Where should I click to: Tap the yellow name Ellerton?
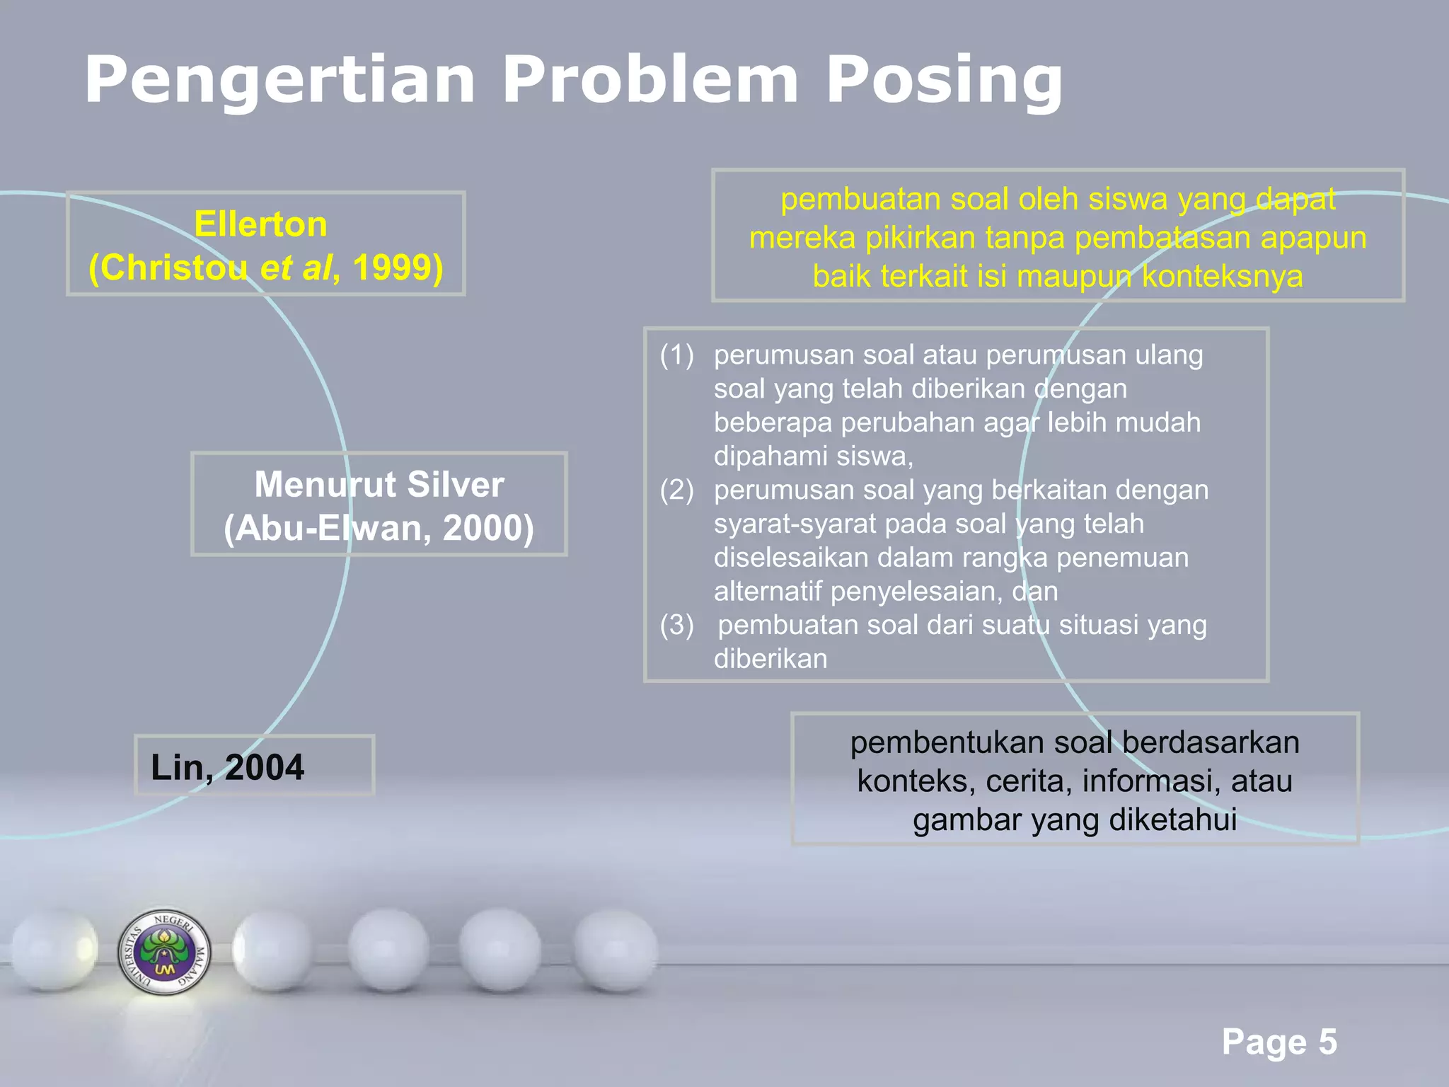point(260,224)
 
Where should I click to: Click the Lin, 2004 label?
point(227,767)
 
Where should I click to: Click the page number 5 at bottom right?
point(1327,1042)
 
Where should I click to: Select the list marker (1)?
point(676,355)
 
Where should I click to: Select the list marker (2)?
point(676,490)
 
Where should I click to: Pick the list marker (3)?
point(676,625)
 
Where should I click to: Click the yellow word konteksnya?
point(1222,276)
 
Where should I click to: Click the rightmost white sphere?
point(614,950)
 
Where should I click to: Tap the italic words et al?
point(296,268)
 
